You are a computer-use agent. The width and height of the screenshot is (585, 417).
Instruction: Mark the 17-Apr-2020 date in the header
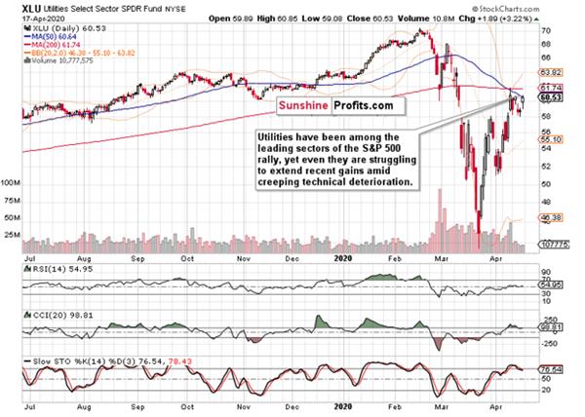26,18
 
